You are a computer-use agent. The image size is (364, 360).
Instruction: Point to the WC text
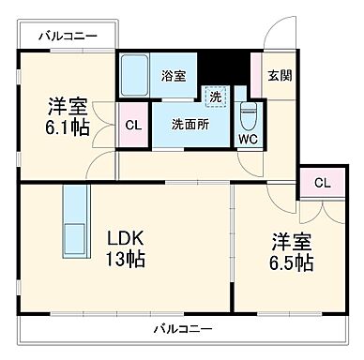click(247, 140)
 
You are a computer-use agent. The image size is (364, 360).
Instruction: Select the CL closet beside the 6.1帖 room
click(132, 123)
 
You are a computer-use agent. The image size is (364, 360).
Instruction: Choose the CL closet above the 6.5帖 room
click(322, 183)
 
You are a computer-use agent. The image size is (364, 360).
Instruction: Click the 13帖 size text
click(125, 260)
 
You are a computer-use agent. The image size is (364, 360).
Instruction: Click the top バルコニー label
click(68, 37)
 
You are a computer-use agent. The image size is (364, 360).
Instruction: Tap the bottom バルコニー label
click(184, 329)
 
